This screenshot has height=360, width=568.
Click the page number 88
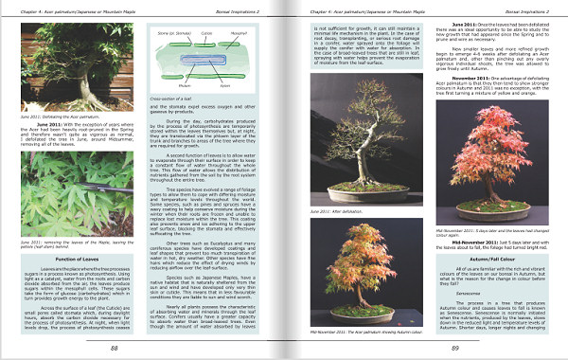point(114,348)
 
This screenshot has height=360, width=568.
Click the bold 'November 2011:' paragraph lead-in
point(473,78)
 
